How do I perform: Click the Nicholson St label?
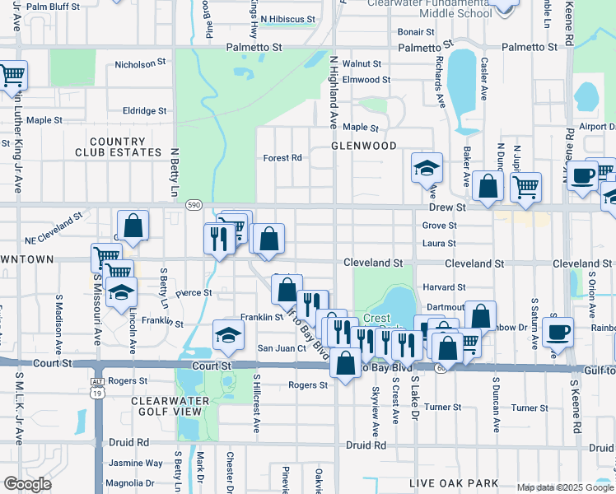(x=135, y=64)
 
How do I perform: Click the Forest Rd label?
(x=282, y=158)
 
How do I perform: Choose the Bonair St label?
(x=416, y=32)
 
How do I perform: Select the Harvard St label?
(x=445, y=287)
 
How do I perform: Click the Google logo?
(x=28, y=483)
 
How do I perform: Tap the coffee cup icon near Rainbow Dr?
(x=558, y=332)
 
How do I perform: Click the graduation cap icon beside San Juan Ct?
(x=228, y=334)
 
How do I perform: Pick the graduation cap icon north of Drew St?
(x=427, y=168)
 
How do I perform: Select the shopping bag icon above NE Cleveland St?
(x=133, y=226)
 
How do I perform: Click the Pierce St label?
(x=194, y=292)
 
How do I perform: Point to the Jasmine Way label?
(x=137, y=464)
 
